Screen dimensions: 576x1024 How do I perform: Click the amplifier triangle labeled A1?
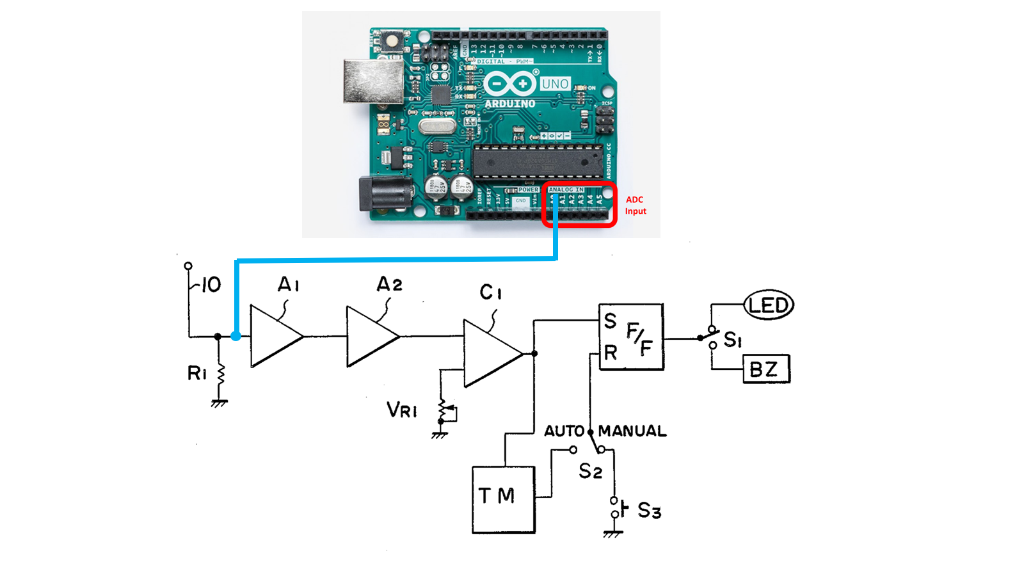pyautogui.click(x=273, y=336)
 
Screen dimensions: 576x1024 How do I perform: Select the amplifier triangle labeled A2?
pyautogui.click(x=369, y=336)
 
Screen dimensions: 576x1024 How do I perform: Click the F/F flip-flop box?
pyautogui.click(x=631, y=337)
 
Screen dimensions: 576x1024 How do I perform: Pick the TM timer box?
pyautogui.click(x=503, y=499)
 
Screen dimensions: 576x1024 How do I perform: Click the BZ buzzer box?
pyautogui.click(x=766, y=369)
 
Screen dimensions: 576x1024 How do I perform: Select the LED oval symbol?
pyautogui.click(x=769, y=305)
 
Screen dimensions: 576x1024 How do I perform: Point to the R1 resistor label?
pyautogui.click(x=197, y=373)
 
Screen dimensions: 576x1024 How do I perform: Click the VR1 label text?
pyautogui.click(x=402, y=410)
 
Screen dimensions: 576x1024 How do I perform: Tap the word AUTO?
pyautogui.click(x=564, y=431)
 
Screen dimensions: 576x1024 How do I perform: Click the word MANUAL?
pyautogui.click(x=632, y=431)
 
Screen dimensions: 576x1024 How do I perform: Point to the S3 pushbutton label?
pyautogui.click(x=649, y=511)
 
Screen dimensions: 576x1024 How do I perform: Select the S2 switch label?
pyautogui.click(x=590, y=472)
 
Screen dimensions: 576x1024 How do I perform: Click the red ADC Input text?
pyautogui.click(x=635, y=205)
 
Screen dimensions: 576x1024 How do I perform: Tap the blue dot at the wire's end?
pyautogui.click(x=236, y=336)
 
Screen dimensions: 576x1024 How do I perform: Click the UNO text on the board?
pyautogui.click(x=554, y=84)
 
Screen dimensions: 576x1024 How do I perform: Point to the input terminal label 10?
pyautogui.click(x=210, y=285)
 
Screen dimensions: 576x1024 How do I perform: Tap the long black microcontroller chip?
pyautogui.click(x=538, y=161)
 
